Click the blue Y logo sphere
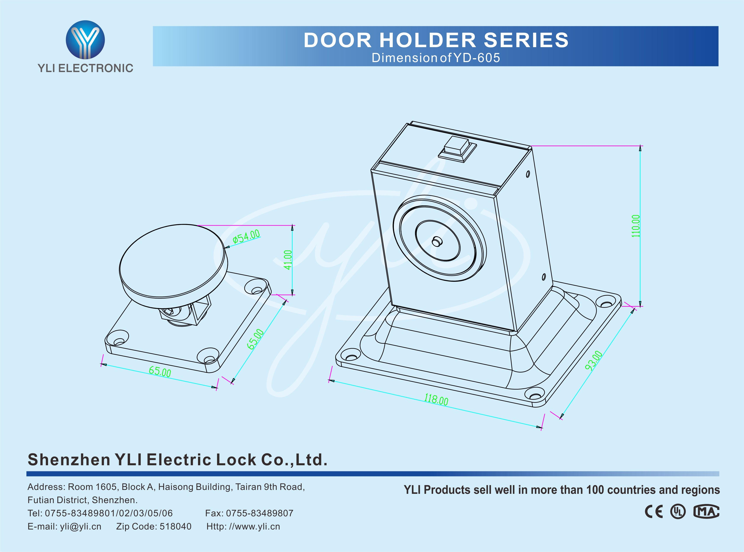pos(85,39)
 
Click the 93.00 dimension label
pos(594,361)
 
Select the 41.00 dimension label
pos(288,260)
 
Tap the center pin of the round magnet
pos(436,241)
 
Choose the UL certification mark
pos(678,512)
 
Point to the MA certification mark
pos(706,512)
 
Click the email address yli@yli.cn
pos(81,527)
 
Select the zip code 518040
pos(176,527)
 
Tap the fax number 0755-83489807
pos(259,513)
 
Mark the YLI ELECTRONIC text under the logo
pos(85,68)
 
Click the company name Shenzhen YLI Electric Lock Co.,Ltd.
pos(177,460)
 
